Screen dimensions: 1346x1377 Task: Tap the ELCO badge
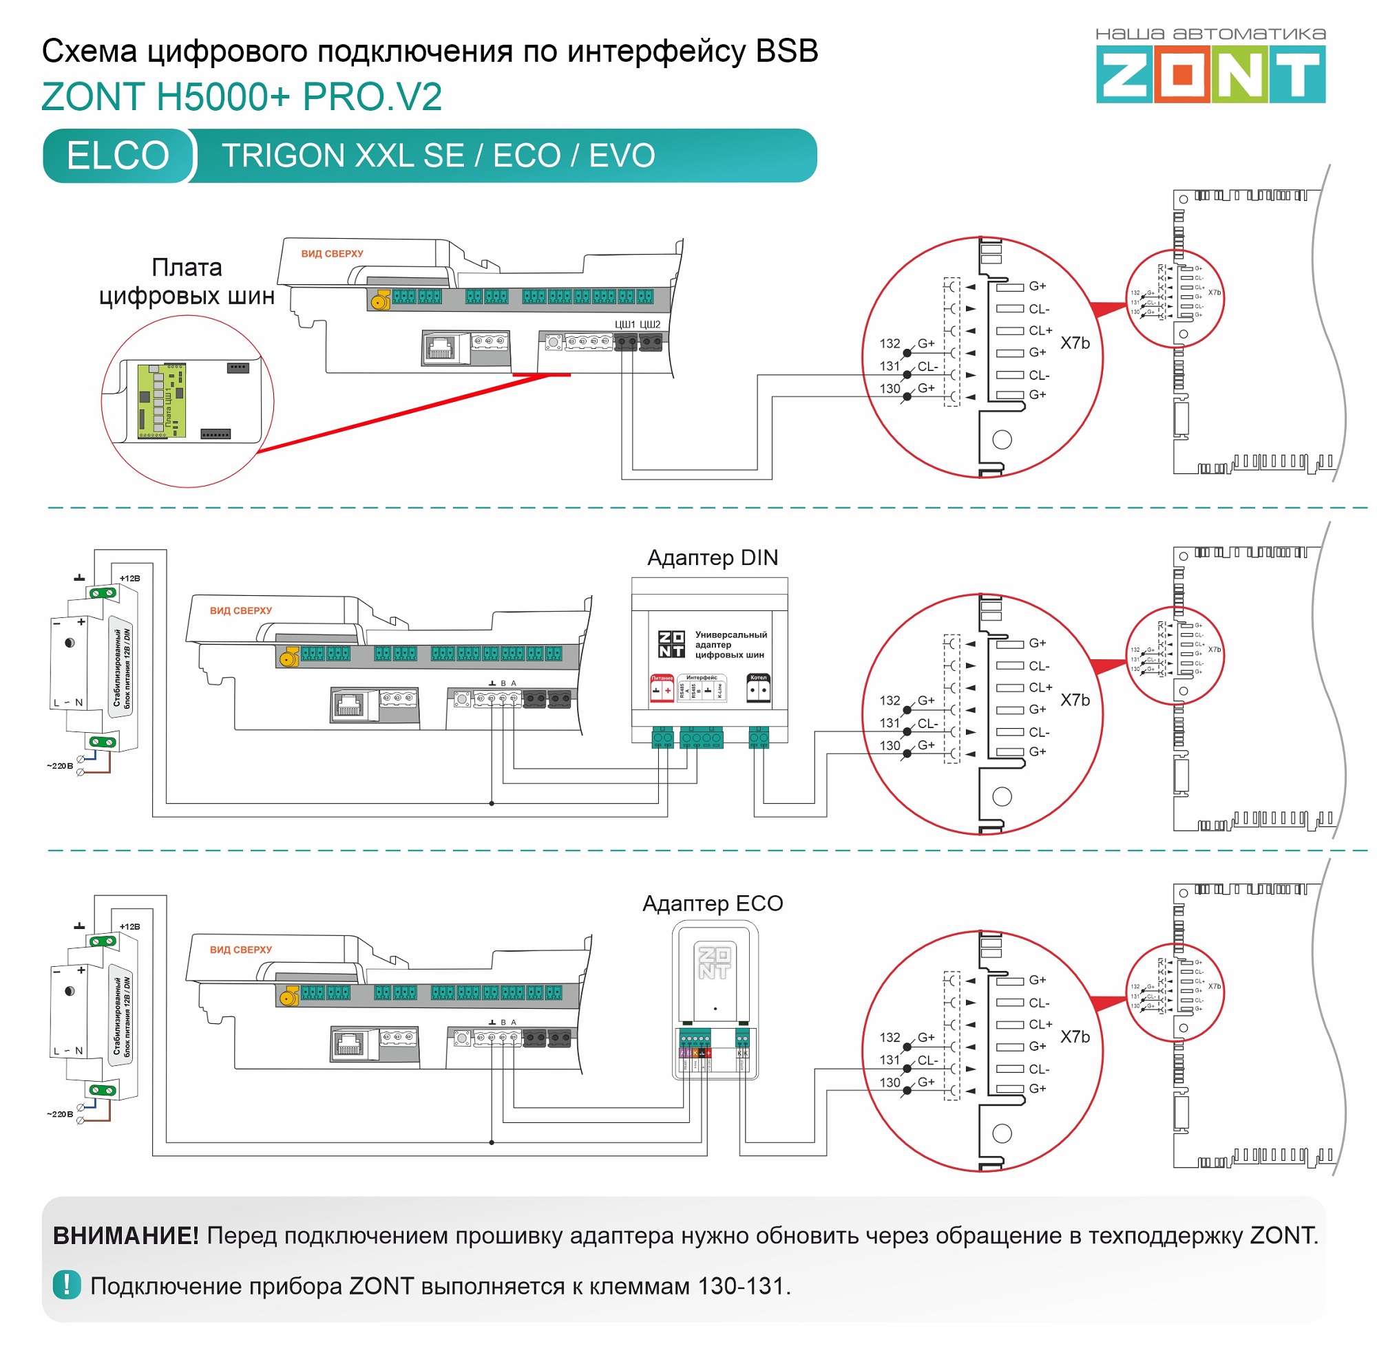[118, 156]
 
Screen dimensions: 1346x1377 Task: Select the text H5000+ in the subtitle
[223, 97]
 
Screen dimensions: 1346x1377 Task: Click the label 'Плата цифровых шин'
[187, 281]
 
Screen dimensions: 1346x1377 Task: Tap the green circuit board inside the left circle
[160, 402]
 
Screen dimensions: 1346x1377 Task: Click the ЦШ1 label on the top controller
[624, 325]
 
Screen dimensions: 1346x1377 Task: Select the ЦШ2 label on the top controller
[650, 325]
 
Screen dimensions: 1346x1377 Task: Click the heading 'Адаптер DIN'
[712, 558]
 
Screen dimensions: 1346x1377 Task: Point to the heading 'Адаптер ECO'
[712, 904]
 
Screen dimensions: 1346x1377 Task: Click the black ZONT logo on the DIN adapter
[671, 644]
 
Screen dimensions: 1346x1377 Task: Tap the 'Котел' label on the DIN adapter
[758, 677]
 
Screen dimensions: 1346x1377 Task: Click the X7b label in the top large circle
[1074, 343]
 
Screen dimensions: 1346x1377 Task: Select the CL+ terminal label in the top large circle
[1040, 331]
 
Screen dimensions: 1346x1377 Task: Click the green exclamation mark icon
[67, 1285]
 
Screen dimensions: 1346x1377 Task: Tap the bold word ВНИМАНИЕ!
[126, 1236]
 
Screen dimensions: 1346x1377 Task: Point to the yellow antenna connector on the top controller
[380, 302]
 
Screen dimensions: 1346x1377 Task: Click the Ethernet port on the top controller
[440, 347]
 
